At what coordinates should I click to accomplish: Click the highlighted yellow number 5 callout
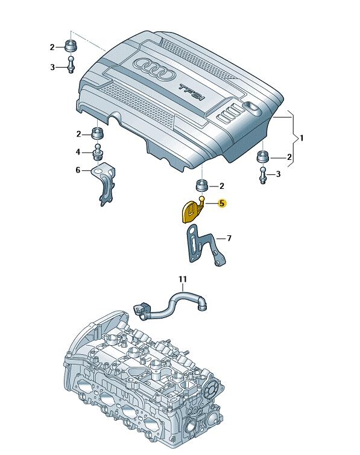pos(222,203)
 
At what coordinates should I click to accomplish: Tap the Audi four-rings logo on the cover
pos(154,69)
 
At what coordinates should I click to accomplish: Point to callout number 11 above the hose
pos(183,279)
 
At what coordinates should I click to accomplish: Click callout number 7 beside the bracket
pos(229,238)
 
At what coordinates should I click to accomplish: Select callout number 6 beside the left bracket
pos(78,170)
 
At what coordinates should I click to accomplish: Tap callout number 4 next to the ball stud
pos(78,151)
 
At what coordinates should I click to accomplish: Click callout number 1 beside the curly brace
pos(302,138)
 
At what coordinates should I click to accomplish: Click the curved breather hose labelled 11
pos(169,308)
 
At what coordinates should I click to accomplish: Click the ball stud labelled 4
pos(98,151)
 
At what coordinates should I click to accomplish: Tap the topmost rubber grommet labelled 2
pos(70,45)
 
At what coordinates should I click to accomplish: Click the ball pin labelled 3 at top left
pos(71,65)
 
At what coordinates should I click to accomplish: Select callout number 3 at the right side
pos(278,174)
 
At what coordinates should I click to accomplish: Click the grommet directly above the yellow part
pos(202,185)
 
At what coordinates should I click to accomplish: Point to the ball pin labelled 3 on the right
pos(263,175)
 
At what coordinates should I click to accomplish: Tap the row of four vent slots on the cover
pos(231,113)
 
